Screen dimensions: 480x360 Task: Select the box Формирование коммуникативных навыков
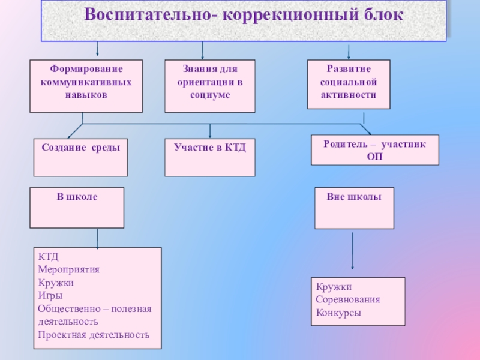click(86, 86)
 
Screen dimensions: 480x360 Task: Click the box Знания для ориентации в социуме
click(209, 86)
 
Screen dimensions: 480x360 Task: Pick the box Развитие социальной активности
click(348, 84)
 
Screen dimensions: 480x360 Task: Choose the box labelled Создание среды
click(80, 157)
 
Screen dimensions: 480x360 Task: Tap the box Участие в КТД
click(209, 157)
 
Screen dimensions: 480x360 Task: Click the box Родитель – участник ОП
click(374, 150)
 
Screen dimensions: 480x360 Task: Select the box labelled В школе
click(77, 207)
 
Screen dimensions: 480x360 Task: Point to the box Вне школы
click(354, 208)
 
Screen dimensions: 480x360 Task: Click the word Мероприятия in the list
click(68, 269)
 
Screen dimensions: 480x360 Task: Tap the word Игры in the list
click(50, 295)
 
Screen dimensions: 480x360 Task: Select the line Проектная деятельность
click(93, 334)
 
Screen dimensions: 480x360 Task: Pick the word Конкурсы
click(338, 313)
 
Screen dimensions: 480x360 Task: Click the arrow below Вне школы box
click(352, 252)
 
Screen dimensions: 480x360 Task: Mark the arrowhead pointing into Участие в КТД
click(209, 135)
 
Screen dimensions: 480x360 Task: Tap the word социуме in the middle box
click(209, 96)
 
